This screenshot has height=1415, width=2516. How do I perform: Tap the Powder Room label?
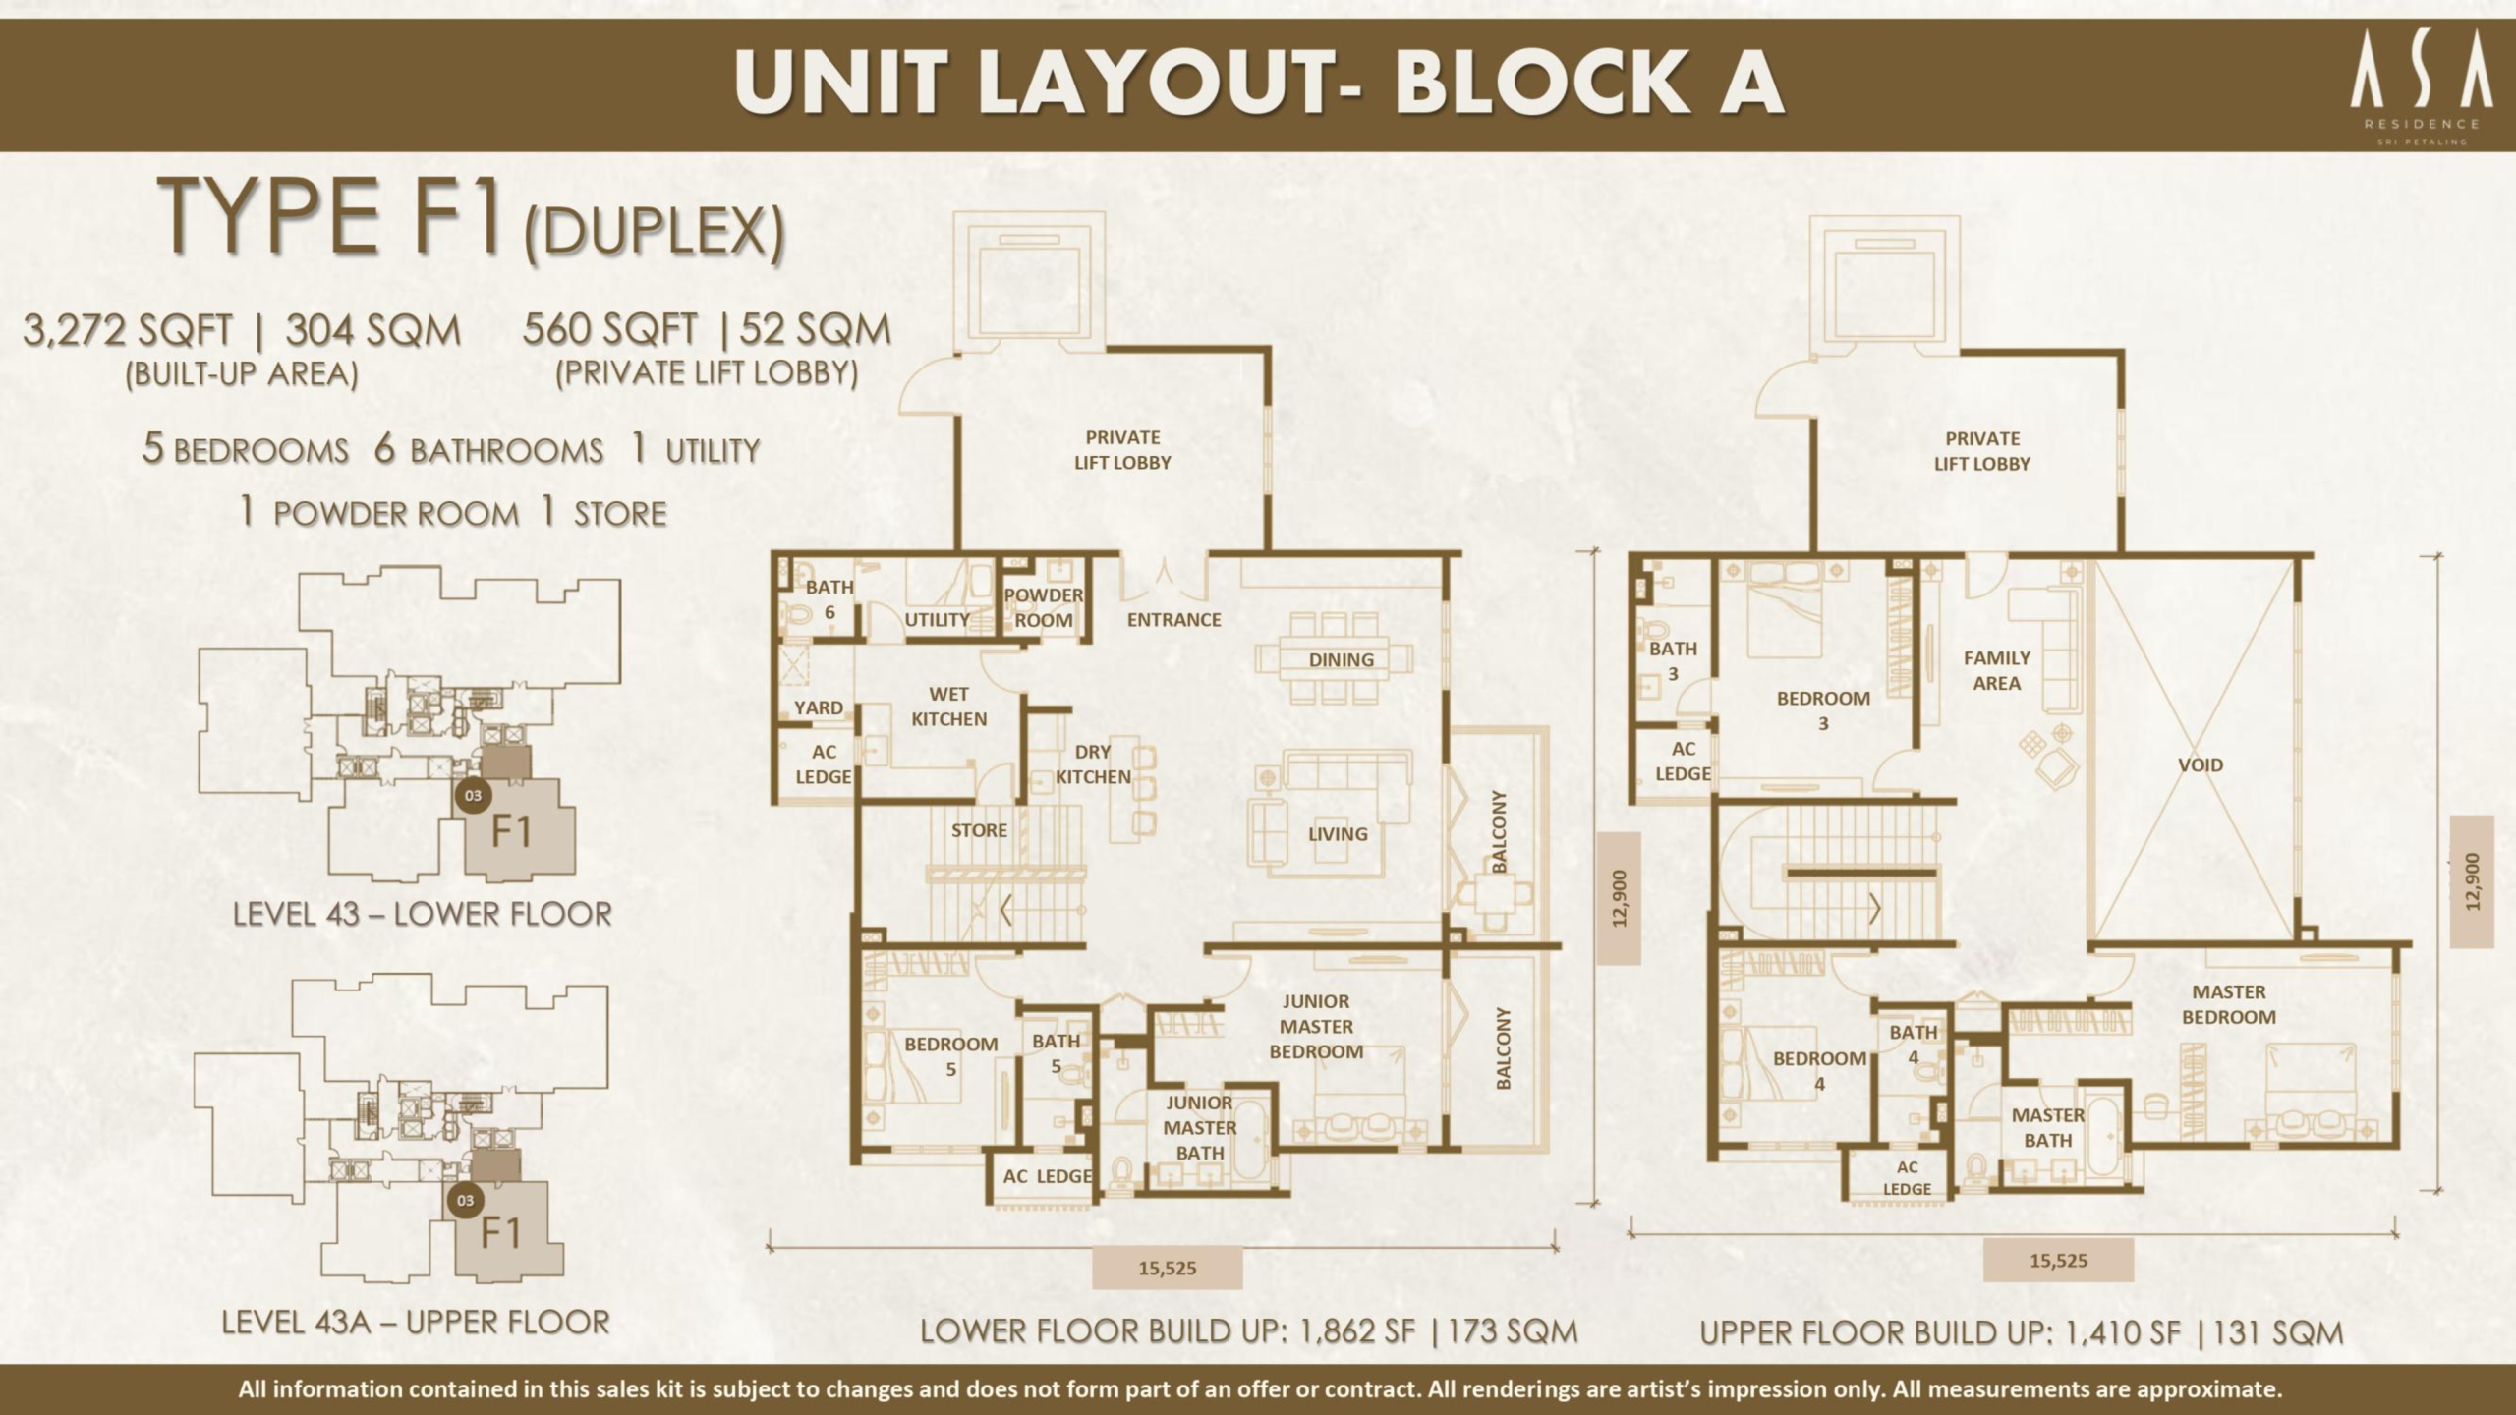pyautogui.click(x=1043, y=608)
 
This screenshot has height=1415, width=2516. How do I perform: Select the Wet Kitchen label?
pyautogui.click(x=948, y=707)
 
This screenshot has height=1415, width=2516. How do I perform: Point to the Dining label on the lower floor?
pyautogui.click(x=1341, y=660)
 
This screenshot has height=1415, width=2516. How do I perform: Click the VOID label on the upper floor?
pyautogui.click(x=2200, y=764)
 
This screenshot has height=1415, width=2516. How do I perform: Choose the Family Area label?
pyautogui.click(x=1996, y=670)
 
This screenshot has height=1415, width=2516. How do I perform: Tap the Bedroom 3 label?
pyautogui.click(x=1823, y=710)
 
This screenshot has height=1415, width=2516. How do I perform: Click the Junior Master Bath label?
pyautogui.click(x=1199, y=1127)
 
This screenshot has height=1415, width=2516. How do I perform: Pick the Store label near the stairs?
pyautogui.click(x=979, y=830)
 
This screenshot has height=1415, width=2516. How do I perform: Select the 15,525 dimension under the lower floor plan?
pyautogui.click(x=1168, y=1268)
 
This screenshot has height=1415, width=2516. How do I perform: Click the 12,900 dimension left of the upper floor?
pyautogui.click(x=1621, y=898)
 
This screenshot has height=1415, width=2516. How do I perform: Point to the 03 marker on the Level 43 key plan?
pyautogui.click(x=473, y=795)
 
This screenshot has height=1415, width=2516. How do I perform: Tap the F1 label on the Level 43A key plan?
pyautogui.click(x=501, y=1232)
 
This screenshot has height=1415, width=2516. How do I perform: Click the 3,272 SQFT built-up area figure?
pyautogui.click(x=127, y=331)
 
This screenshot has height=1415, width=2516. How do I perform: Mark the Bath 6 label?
pyautogui.click(x=829, y=599)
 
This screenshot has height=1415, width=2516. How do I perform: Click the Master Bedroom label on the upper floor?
pyautogui.click(x=2229, y=1004)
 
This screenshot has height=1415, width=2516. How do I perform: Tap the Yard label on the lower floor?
pyautogui.click(x=818, y=707)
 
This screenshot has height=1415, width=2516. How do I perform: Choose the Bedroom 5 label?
pyautogui.click(x=950, y=1055)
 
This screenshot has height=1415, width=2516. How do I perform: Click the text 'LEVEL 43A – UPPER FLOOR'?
pyautogui.click(x=416, y=1323)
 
